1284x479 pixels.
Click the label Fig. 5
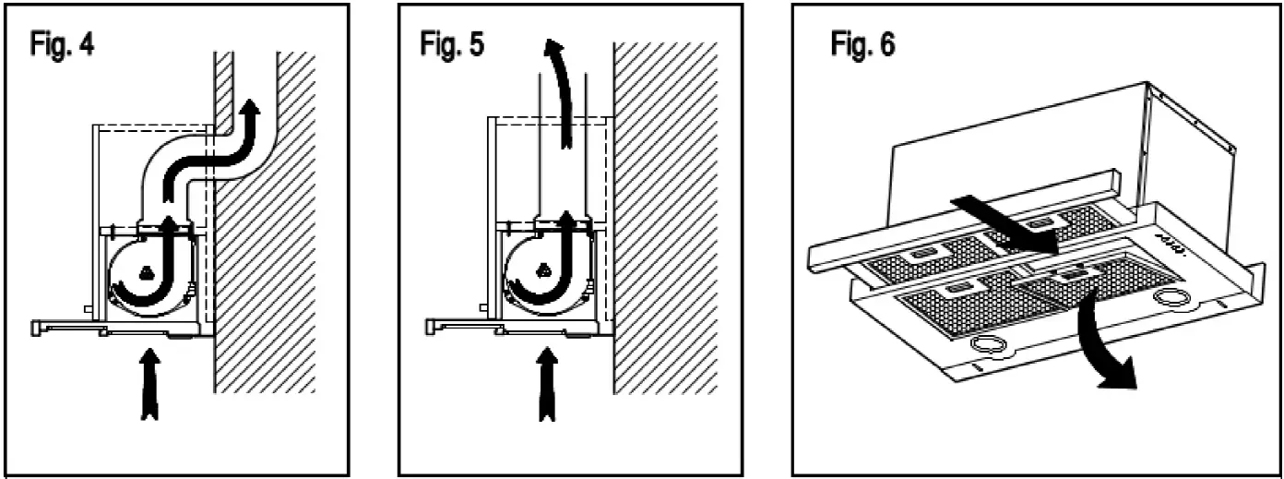point(452,45)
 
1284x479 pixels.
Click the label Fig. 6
point(862,45)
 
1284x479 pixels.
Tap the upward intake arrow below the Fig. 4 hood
point(149,382)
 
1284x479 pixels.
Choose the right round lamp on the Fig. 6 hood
point(1171,299)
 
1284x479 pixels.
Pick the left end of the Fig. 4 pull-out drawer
point(37,326)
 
